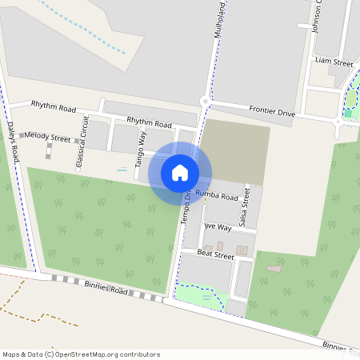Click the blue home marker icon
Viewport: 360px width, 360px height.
point(180,172)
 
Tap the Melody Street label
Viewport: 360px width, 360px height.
point(47,138)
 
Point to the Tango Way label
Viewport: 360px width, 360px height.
point(141,148)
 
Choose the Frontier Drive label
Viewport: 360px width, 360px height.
point(272,113)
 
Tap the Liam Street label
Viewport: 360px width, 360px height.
point(334,62)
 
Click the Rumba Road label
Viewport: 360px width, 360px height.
point(217,196)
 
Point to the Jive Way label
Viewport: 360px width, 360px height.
point(217,227)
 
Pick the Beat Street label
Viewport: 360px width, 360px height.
point(214,255)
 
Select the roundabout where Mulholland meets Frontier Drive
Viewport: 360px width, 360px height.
point(206,102)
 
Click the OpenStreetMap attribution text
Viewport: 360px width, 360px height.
point(81,354)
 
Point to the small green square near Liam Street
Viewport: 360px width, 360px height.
point(348,114)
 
